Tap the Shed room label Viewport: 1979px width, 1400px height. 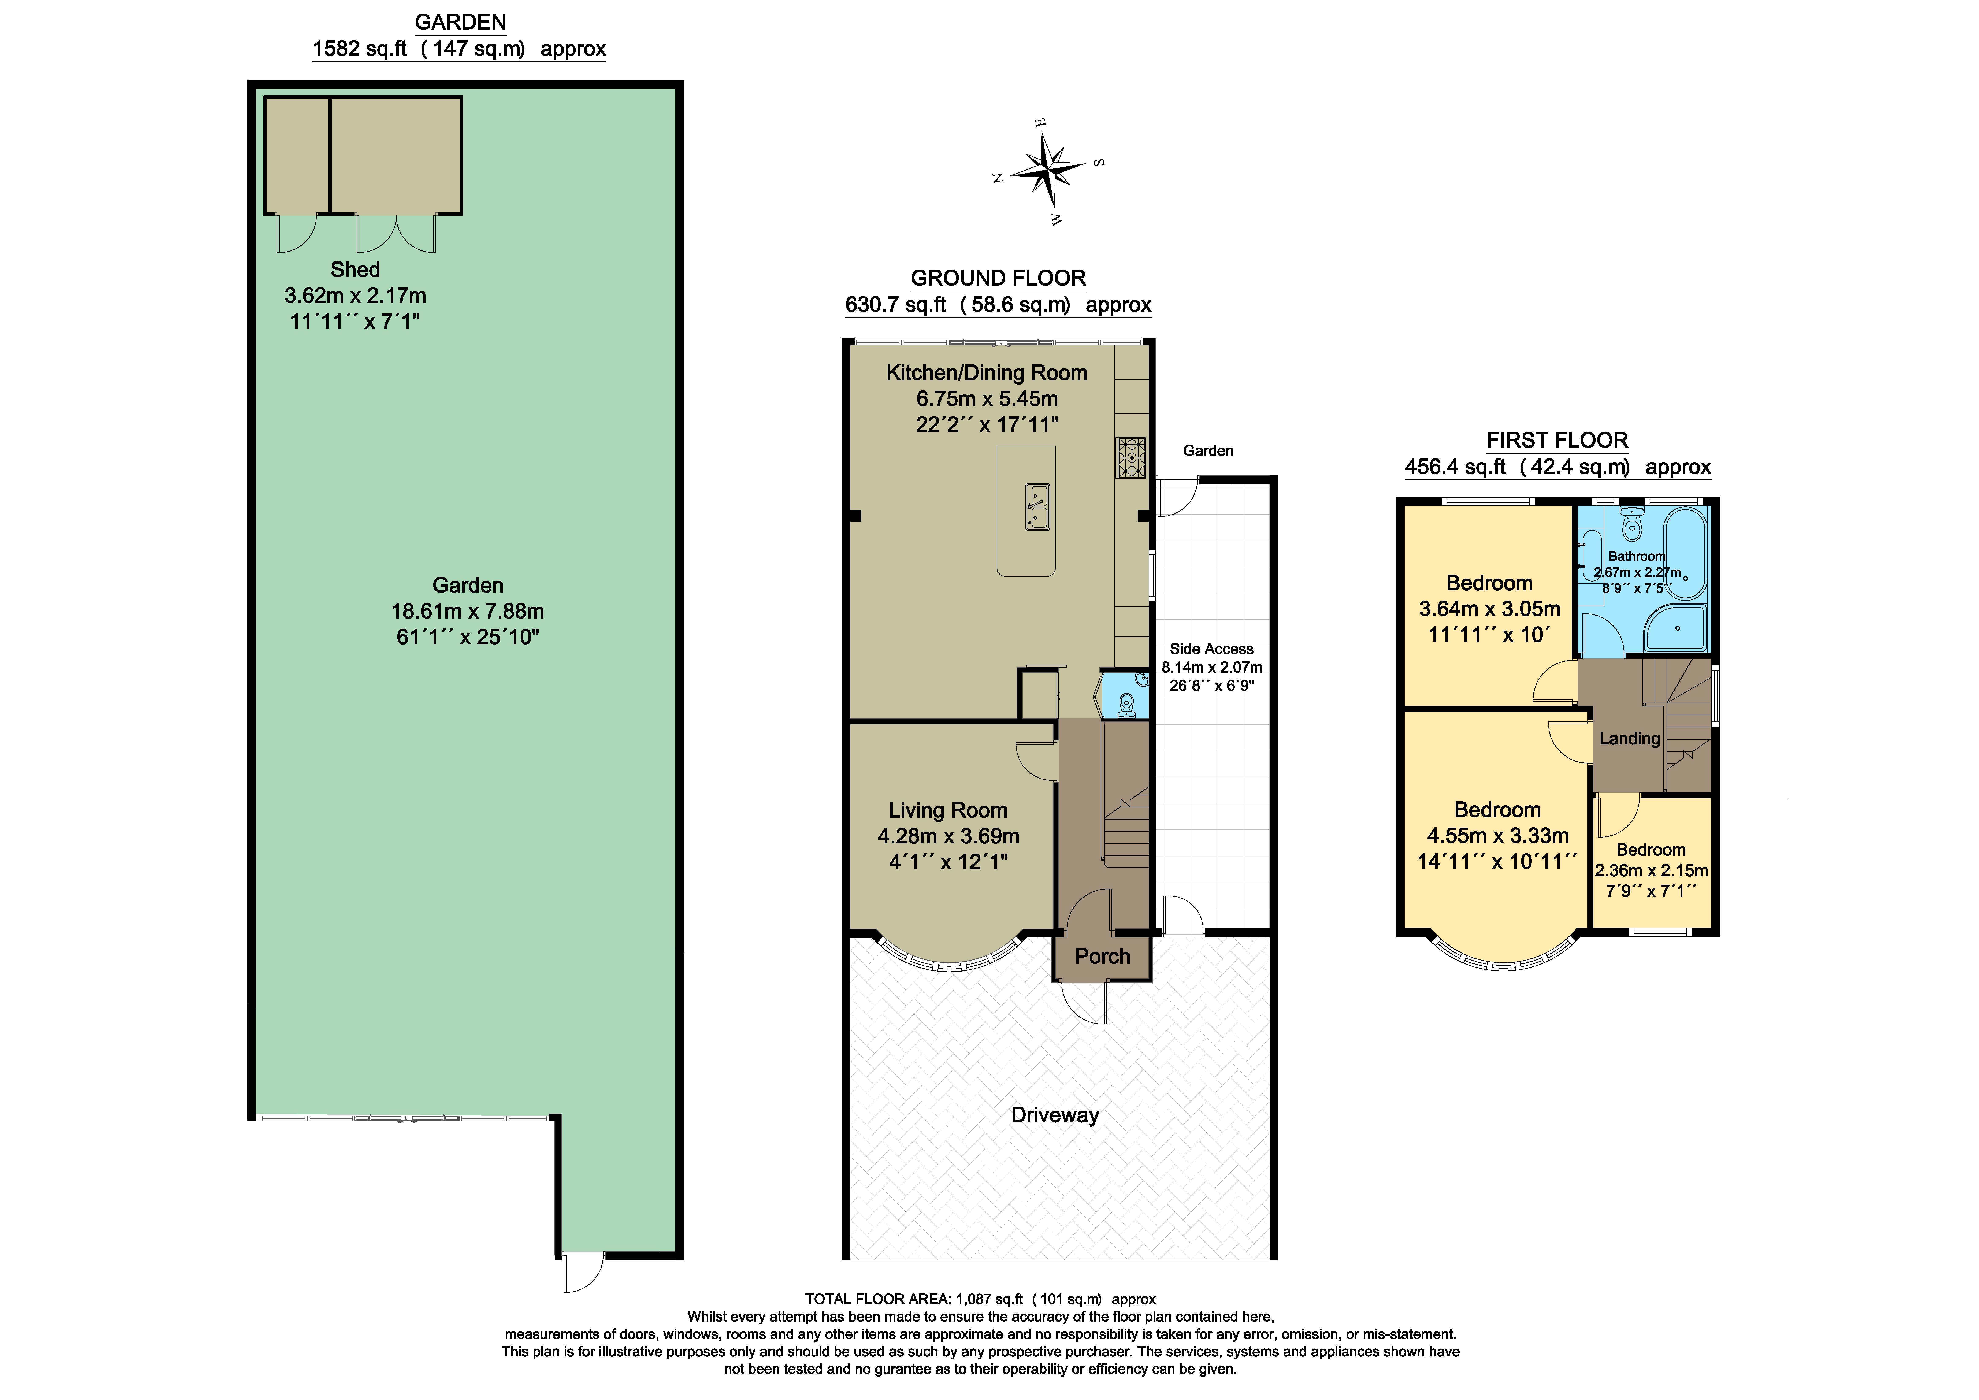pyautogui.click(x=355, y=270)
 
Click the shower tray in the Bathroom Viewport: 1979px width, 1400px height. pyautogui.click(x=1675, y=628)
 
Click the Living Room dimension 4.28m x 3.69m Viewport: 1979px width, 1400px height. pyautogui.click(x=948, y=836)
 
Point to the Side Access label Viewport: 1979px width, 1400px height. pyautogui.click(x=1211, y=649)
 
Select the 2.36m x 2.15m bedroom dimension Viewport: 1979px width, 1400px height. pyautogui.click(x=1651, y=871)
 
